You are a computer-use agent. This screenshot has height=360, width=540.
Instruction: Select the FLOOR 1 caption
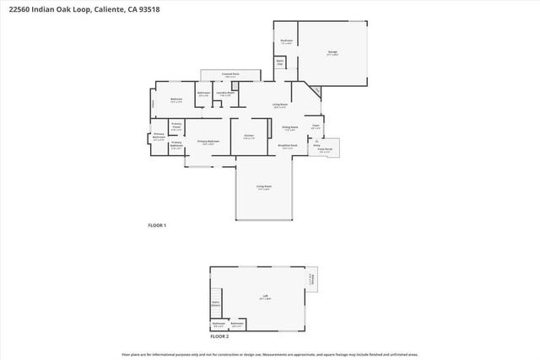coord(157,225)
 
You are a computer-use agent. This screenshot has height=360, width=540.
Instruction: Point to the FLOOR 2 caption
coord(221,336)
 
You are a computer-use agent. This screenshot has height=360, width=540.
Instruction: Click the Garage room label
coord(332,53)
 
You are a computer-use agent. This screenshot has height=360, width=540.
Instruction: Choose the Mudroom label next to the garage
coord(286,40)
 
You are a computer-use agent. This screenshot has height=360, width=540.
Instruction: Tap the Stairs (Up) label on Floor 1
coord(280,62)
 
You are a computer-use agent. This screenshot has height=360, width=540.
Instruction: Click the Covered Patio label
coord(229,75)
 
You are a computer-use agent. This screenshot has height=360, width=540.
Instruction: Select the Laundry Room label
coord(225,94)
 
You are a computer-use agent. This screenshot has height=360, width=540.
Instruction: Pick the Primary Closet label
coord(176,126)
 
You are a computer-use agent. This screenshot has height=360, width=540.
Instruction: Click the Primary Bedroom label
coord(208,142)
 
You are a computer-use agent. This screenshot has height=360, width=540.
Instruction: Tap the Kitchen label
coord(249,136)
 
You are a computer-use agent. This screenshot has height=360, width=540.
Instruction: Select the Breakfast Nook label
coord(288,146)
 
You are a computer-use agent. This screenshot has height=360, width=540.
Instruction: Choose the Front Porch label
coord(327,149)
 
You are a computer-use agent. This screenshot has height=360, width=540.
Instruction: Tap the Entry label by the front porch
coord(316,145)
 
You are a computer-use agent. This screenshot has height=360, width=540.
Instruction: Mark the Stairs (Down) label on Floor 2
coord(215,303)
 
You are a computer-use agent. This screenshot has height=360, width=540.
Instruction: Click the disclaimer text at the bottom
coord(270,355)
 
